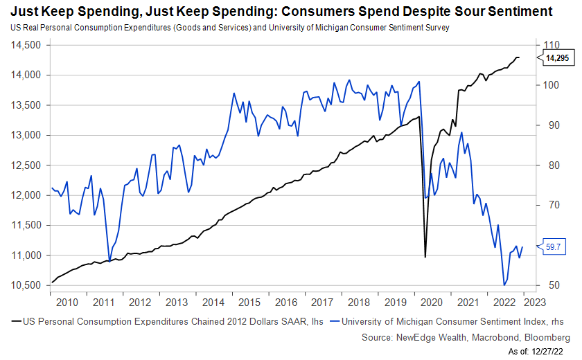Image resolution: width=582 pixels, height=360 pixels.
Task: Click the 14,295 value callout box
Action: pyautogui.click(x=558, y=59)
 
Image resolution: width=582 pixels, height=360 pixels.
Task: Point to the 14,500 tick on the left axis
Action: pyautogui.click(x=27, y=45)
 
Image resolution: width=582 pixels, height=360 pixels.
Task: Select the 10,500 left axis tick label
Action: pyautogui.click(x=27, y=285)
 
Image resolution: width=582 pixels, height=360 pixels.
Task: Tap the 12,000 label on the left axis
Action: pyautogui.click(x=27, y=195)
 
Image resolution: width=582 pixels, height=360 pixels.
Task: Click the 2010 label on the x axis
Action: pyautogui.click(x=67, y=303)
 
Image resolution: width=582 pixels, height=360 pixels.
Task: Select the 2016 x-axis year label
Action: pyautogui.click(x=285, y=303)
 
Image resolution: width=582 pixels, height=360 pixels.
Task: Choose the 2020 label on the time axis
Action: pyautogui.click(x=432, y=303)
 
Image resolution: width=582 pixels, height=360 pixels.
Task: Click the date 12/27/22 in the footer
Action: pyautogui.click(x=553, y=352)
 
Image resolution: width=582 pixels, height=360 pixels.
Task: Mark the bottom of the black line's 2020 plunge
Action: pyautogui.click(x=425, y=257)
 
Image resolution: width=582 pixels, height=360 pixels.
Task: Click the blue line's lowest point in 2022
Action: pyautogui.click(x=504, y=285)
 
